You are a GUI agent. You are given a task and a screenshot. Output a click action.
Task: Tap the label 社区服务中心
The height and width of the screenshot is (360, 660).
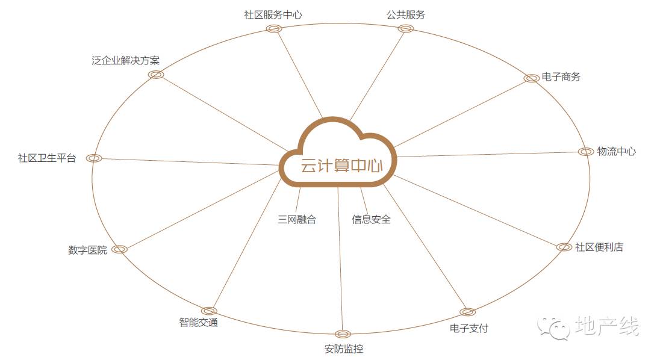click(273, 14)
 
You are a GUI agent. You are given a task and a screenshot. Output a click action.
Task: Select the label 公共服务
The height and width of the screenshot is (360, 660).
click(405, 14)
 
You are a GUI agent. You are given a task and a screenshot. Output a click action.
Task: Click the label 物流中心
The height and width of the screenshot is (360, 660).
click(616, 151)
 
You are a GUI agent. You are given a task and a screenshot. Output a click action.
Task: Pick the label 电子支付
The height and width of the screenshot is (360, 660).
click(469, 328)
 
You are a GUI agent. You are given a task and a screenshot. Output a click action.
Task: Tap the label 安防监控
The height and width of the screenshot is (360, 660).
click(343, 349)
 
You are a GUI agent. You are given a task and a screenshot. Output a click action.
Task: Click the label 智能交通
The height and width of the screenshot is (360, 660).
click(198, 322)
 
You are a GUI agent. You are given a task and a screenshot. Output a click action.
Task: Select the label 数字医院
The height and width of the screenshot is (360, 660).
click(87, 250)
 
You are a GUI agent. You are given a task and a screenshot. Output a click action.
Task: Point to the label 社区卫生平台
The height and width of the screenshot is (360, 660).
click(47, 158)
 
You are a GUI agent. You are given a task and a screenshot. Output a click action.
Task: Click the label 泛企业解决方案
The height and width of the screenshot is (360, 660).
click(126, 60)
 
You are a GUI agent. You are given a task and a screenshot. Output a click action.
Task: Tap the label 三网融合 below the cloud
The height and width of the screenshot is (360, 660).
click(297, 220)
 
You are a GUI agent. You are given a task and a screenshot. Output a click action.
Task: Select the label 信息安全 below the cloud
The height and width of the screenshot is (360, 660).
click(372, 220)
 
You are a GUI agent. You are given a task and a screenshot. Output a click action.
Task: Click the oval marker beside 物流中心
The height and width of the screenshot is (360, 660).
click(585, 152)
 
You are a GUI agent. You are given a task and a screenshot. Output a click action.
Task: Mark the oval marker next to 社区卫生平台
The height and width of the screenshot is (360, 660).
click(93, 158)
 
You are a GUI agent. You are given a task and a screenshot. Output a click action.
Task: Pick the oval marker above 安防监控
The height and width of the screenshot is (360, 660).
click(343, 334)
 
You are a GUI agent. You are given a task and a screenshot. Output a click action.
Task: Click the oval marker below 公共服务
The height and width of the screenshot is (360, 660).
click(406, 28)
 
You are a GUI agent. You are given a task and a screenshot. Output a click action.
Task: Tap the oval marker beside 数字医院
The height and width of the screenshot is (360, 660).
click(119, 249)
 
